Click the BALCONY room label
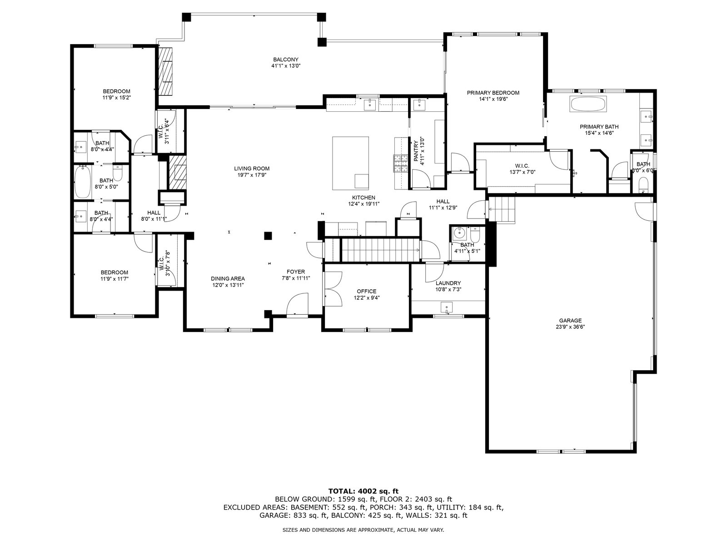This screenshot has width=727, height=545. [285, 59]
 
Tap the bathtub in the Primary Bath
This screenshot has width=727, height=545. [588, 104]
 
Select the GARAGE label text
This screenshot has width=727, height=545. [570, 321]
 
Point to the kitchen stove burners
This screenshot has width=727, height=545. [401, 163]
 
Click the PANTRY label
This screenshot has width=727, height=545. [416, 151]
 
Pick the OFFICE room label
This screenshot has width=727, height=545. [366, 292]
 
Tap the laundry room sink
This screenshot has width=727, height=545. [447, 307]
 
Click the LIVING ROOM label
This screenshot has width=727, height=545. [252, 168]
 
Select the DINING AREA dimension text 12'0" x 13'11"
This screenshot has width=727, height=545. [228, 285]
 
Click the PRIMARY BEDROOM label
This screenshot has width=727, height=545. [493, 93]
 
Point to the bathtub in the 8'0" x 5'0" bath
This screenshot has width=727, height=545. [83, 182]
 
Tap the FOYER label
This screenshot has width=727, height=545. [296, 272]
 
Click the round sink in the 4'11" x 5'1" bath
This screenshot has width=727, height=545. [460, 233]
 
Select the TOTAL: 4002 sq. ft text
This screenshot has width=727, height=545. [363, 491]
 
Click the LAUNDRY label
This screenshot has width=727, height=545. [448, 283]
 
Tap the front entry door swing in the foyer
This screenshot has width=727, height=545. [297, 305]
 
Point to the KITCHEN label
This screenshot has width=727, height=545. [363, 198]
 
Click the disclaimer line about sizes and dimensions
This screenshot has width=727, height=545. [363, 530]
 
